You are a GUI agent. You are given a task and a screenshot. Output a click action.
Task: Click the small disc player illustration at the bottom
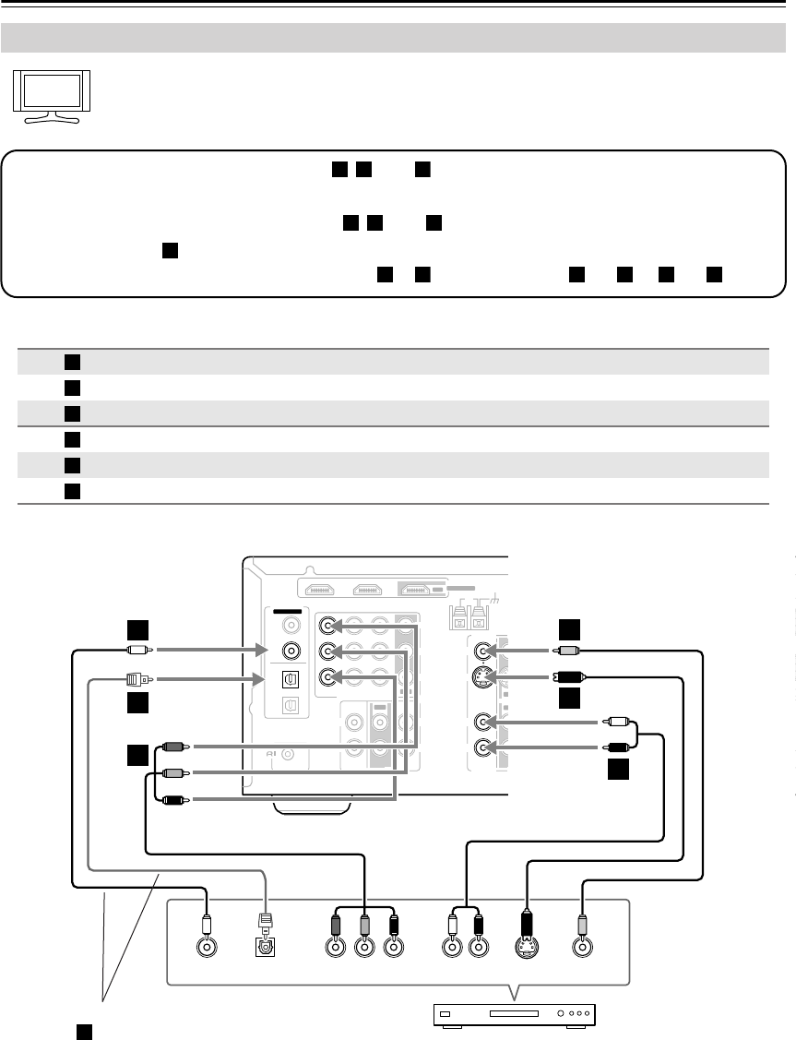coord(516,1016)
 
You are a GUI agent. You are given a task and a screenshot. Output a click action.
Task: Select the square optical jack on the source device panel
coord(266,947)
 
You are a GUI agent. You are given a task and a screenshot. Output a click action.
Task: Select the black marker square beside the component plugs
coord(137,757)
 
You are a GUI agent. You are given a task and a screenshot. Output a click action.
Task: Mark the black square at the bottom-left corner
coord(82,1029)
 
